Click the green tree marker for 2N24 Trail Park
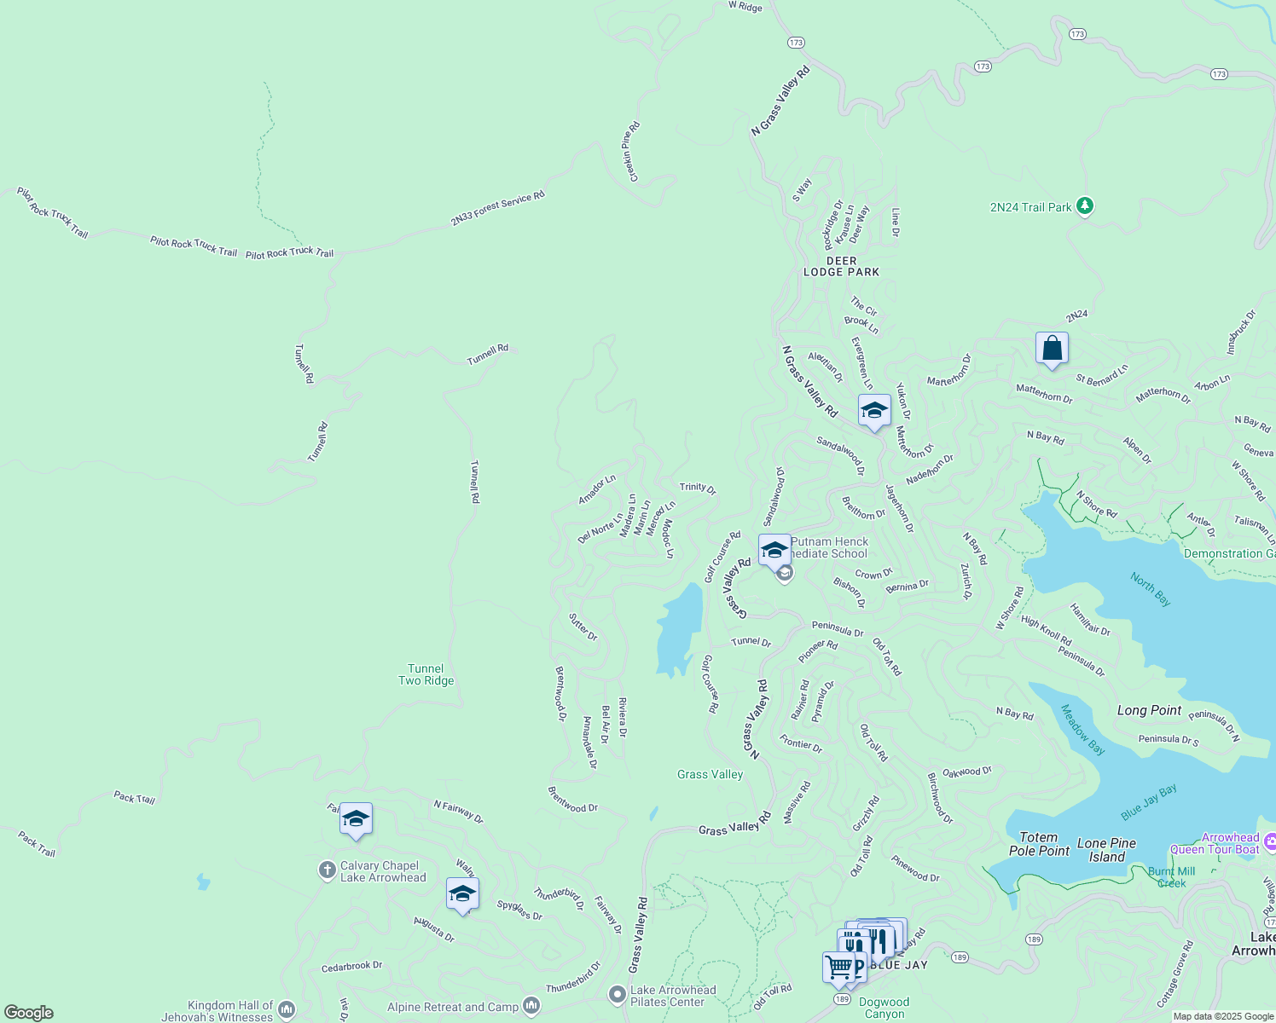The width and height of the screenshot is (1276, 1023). pyautogui.click(x=1084, y=205)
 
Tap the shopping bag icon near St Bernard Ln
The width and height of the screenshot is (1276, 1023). pyautogui.click(x=1052, y=349)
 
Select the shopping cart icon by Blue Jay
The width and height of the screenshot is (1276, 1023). pyautogui.click(x=839, y=967)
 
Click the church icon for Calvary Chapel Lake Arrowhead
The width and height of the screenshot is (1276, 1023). pyautogui.click(x=327, y=870)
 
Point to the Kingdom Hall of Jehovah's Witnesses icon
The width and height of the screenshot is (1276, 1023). pyautogui.click(x=287, y=1010)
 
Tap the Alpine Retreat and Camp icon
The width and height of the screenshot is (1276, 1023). pyautogui.click(x=531, y=1007)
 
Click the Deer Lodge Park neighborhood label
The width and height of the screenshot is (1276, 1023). pyautogui.click(x=841, y=267)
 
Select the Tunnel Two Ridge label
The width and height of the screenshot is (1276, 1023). pyautogui.click(x=426, y=674)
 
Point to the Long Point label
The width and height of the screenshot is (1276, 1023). pyautogui.click(x=1149, y=710)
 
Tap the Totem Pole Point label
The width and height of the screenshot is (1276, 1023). pyautogui.click(x=1039, y=844)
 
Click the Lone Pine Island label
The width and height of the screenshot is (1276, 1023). pyautogui.click(x=1106, y=850)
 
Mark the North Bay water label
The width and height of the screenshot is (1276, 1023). pyautogui.click(x=1150, y=589)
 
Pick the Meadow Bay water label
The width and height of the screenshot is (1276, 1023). pyautogui.click(x=1082, y=730)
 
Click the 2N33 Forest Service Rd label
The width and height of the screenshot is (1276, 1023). pyautogui.click(x=497, y=208)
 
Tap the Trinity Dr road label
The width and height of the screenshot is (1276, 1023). pyautogui.click(x=698, y=488)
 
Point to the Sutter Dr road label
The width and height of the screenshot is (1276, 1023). pyautogui.click(x=583, y=627)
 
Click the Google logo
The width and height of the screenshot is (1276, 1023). pyautogui.click(x=29, y=1013)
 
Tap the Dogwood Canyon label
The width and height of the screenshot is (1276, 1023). pyautogui.click(x=884, y=1008)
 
